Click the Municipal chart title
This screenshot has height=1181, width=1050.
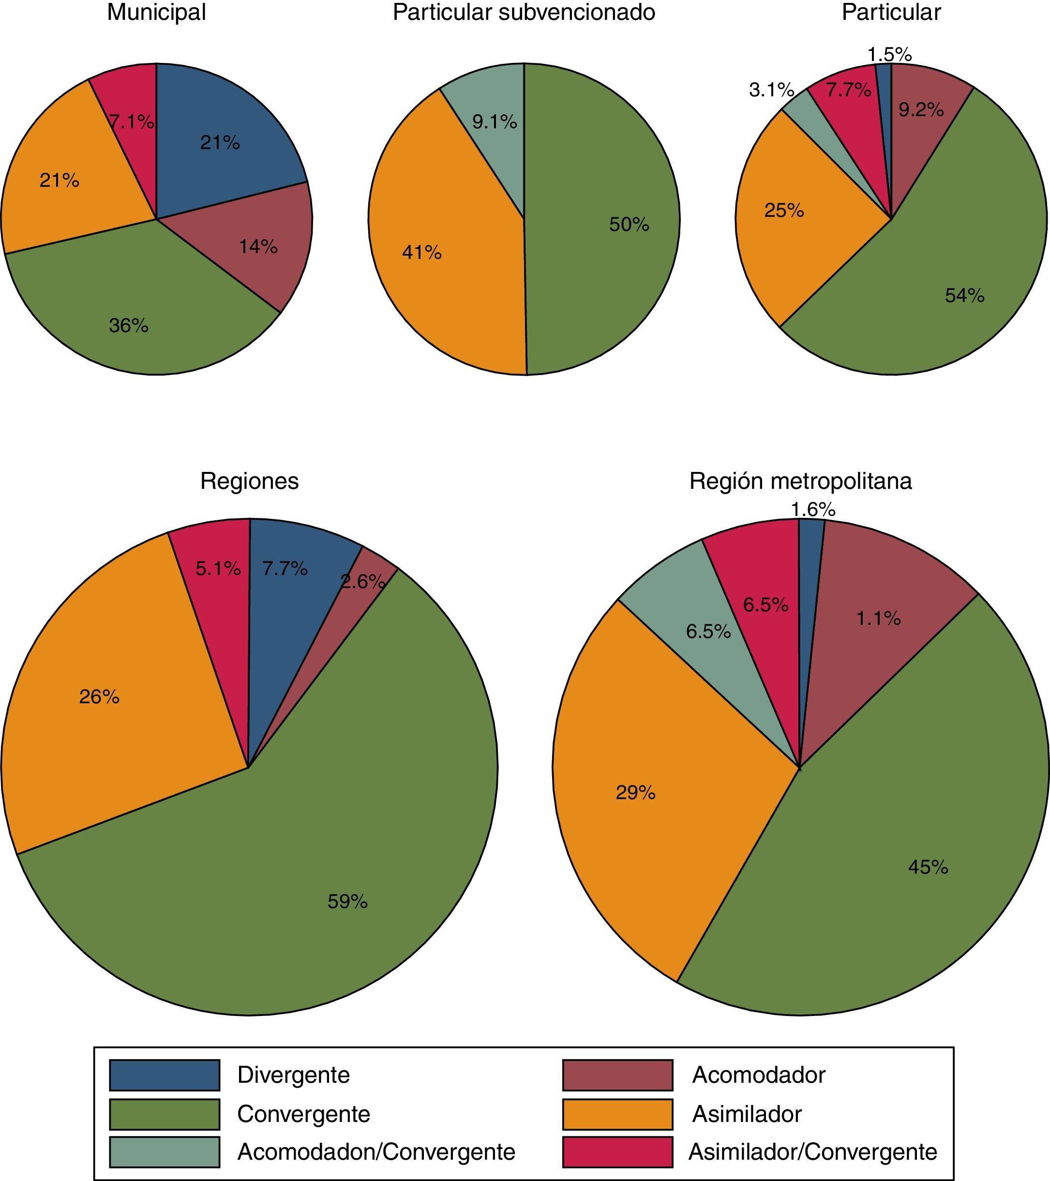tap(156, 13)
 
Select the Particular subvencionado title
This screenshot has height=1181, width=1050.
tap(524, 13)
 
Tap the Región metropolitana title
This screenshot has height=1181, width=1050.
tap(800, 481)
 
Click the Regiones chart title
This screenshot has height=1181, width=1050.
tap(250, 481)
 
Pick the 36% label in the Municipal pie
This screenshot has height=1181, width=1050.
tap(129, 326)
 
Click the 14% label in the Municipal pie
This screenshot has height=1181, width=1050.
tap(258, 247)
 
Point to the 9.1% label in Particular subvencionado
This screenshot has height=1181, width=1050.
tap(495, 122)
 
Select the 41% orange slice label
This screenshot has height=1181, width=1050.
tap(421, 253)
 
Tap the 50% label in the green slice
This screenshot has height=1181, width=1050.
tap(629, 224)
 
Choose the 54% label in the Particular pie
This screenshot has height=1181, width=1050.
tap(964, 296)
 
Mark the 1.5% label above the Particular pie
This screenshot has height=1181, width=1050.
tap(889, 55)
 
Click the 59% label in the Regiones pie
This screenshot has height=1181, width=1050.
tap(347, 901)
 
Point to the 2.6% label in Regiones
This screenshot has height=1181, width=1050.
tap(363, 581)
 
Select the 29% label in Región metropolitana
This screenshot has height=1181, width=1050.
tap(635, 793)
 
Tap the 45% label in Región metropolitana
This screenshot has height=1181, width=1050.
tap(928, 867)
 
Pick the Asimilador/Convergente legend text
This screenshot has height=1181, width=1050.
tap(812, 1151)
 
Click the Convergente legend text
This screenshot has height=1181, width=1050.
tap(303, 1113)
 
